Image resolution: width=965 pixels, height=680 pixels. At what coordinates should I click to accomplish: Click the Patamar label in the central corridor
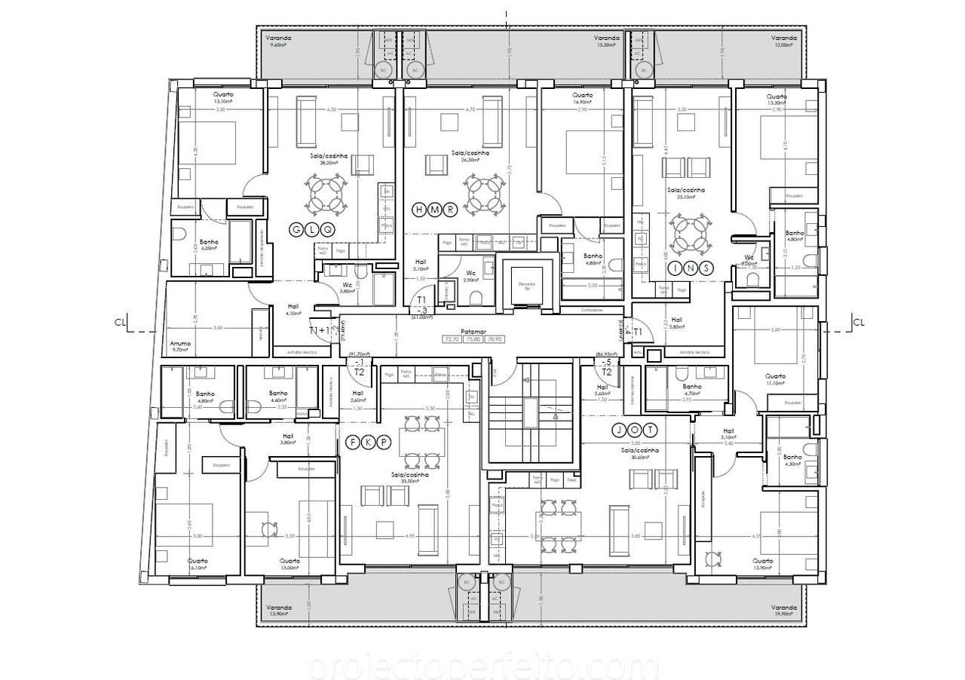coord(475,331)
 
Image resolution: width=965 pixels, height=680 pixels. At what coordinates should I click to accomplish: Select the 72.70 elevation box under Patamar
coord(453,340)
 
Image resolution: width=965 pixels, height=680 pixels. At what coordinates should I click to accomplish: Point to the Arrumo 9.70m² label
coord(180,347)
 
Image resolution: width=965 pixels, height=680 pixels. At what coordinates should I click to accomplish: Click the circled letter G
coord(297,229)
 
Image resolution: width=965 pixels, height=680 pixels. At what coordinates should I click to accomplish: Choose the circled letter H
coord(420,210)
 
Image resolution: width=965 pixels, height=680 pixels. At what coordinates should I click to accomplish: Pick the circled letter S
coord(706,268)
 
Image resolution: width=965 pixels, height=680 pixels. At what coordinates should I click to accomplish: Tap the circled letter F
coord(352,443)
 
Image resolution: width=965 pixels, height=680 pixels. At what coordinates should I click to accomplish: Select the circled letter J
coord(618,430)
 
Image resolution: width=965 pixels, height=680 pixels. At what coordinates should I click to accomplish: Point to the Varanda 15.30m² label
coord(605,41)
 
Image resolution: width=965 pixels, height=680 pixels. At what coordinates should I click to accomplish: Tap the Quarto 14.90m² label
coord(582,100)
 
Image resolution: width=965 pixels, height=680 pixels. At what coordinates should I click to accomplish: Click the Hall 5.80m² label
coord(676,323)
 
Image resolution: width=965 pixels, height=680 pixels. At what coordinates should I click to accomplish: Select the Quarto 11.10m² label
coord(776,379)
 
